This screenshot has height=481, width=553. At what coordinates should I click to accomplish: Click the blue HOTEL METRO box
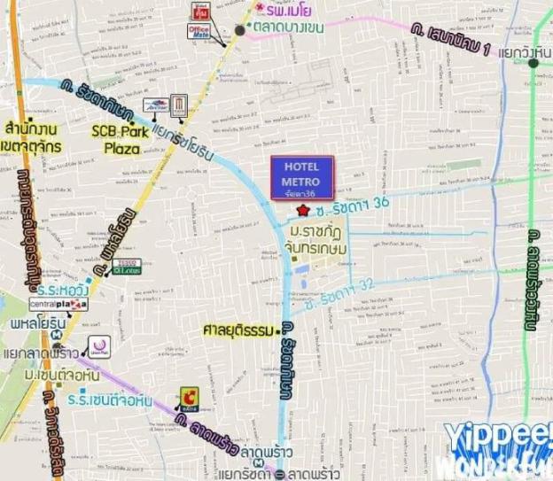click(x=302, y=176)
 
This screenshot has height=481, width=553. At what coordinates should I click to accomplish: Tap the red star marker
click(x=304, y=211)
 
